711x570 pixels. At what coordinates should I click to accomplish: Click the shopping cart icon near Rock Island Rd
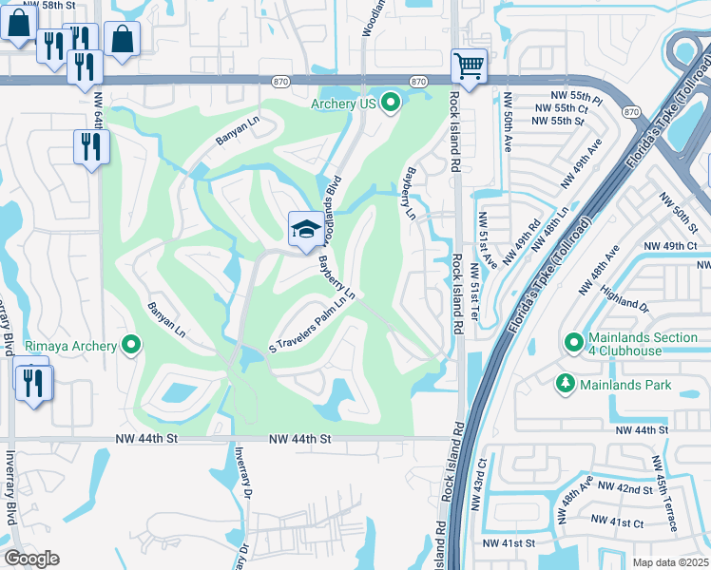pos(469,66)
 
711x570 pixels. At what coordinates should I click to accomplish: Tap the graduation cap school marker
pos(304,229)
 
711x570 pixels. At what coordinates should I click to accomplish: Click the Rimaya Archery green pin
pos(131,346)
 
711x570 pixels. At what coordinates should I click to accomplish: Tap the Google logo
pos(31,559)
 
